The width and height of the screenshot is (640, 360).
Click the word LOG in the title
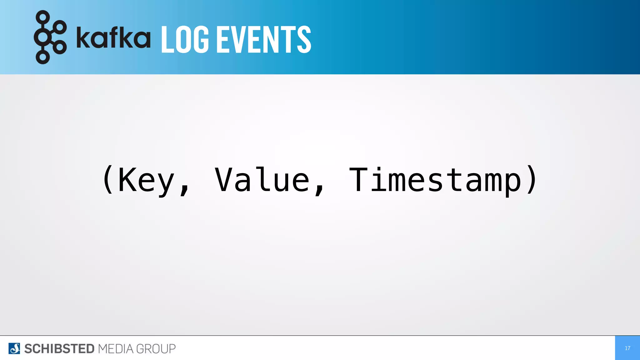tap(185, 40)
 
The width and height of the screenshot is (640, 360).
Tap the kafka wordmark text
tap(113, 37)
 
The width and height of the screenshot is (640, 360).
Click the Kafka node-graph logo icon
tap(50, 37)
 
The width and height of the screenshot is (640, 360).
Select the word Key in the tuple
tap(146, 180)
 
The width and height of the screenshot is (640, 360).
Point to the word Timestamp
tap(435, 180)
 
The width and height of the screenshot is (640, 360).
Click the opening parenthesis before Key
tap(108, 179)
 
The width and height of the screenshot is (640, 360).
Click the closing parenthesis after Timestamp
tap(531, 179)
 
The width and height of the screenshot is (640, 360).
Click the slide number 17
tap(627, 348)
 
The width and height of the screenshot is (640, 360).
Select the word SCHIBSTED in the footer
tap(59, 349)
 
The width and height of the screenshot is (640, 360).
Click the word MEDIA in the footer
tap(116, 349)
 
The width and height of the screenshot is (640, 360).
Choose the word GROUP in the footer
tap(156, 349)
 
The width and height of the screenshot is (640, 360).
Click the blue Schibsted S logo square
tap(14, 348)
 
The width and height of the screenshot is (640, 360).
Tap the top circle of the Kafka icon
tap(43, 17)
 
